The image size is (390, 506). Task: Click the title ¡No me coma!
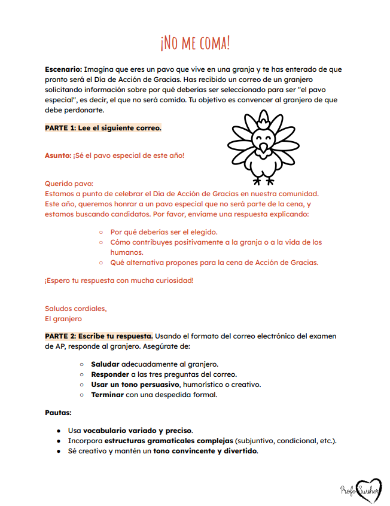coord(195,42)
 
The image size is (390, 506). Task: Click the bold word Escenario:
coord(63,70)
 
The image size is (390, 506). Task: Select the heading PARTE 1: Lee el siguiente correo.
coord(103,128)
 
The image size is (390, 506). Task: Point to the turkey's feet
coord(263,179)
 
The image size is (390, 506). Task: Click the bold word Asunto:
coord(57,156)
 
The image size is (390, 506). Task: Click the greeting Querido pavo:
coord(69,184)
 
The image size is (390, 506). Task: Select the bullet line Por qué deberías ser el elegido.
coord(164,232)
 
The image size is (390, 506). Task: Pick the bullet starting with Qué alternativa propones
coord(214,262)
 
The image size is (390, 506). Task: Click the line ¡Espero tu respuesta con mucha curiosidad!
coord(119,281)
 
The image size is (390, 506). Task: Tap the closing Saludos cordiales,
coord(76,309)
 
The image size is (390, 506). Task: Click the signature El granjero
coord(63,319)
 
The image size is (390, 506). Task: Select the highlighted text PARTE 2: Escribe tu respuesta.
coord(99,336)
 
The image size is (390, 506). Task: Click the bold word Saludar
coord(105,364)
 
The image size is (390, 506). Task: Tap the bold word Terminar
coord(108,395)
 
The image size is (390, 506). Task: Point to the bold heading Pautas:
coord(59,413)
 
